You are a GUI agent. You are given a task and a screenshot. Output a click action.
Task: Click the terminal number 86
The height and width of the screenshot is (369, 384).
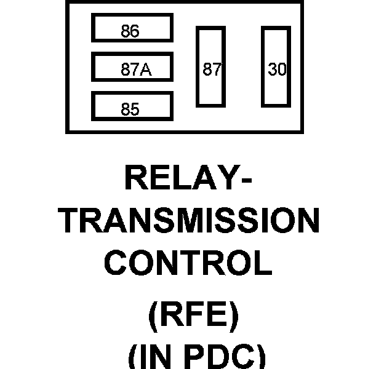pos(130,32)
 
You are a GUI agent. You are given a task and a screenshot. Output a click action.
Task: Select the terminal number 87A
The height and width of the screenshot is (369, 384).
pos(136,70)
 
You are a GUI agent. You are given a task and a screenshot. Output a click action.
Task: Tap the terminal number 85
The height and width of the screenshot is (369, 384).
pos(130,110)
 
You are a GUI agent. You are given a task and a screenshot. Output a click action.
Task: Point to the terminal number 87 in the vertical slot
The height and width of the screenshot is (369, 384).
pos(212,70)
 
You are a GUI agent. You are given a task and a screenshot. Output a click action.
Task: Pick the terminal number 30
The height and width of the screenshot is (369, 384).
pos(277,70)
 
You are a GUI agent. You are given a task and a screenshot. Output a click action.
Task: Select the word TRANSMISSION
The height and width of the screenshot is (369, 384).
pos(191,221)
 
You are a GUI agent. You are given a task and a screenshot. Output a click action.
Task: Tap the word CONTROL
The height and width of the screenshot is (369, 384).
pos(188,263)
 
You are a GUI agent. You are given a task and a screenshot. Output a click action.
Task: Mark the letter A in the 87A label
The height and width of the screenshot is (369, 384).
pos(145,70)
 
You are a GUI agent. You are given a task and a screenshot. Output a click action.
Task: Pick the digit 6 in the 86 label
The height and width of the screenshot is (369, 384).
pos(135,32)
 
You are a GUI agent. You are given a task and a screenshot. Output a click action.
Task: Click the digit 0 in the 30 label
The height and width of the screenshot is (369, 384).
pos(281,70)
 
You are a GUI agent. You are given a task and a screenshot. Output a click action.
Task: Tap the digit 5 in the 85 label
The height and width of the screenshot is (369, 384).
pos(135,110)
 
